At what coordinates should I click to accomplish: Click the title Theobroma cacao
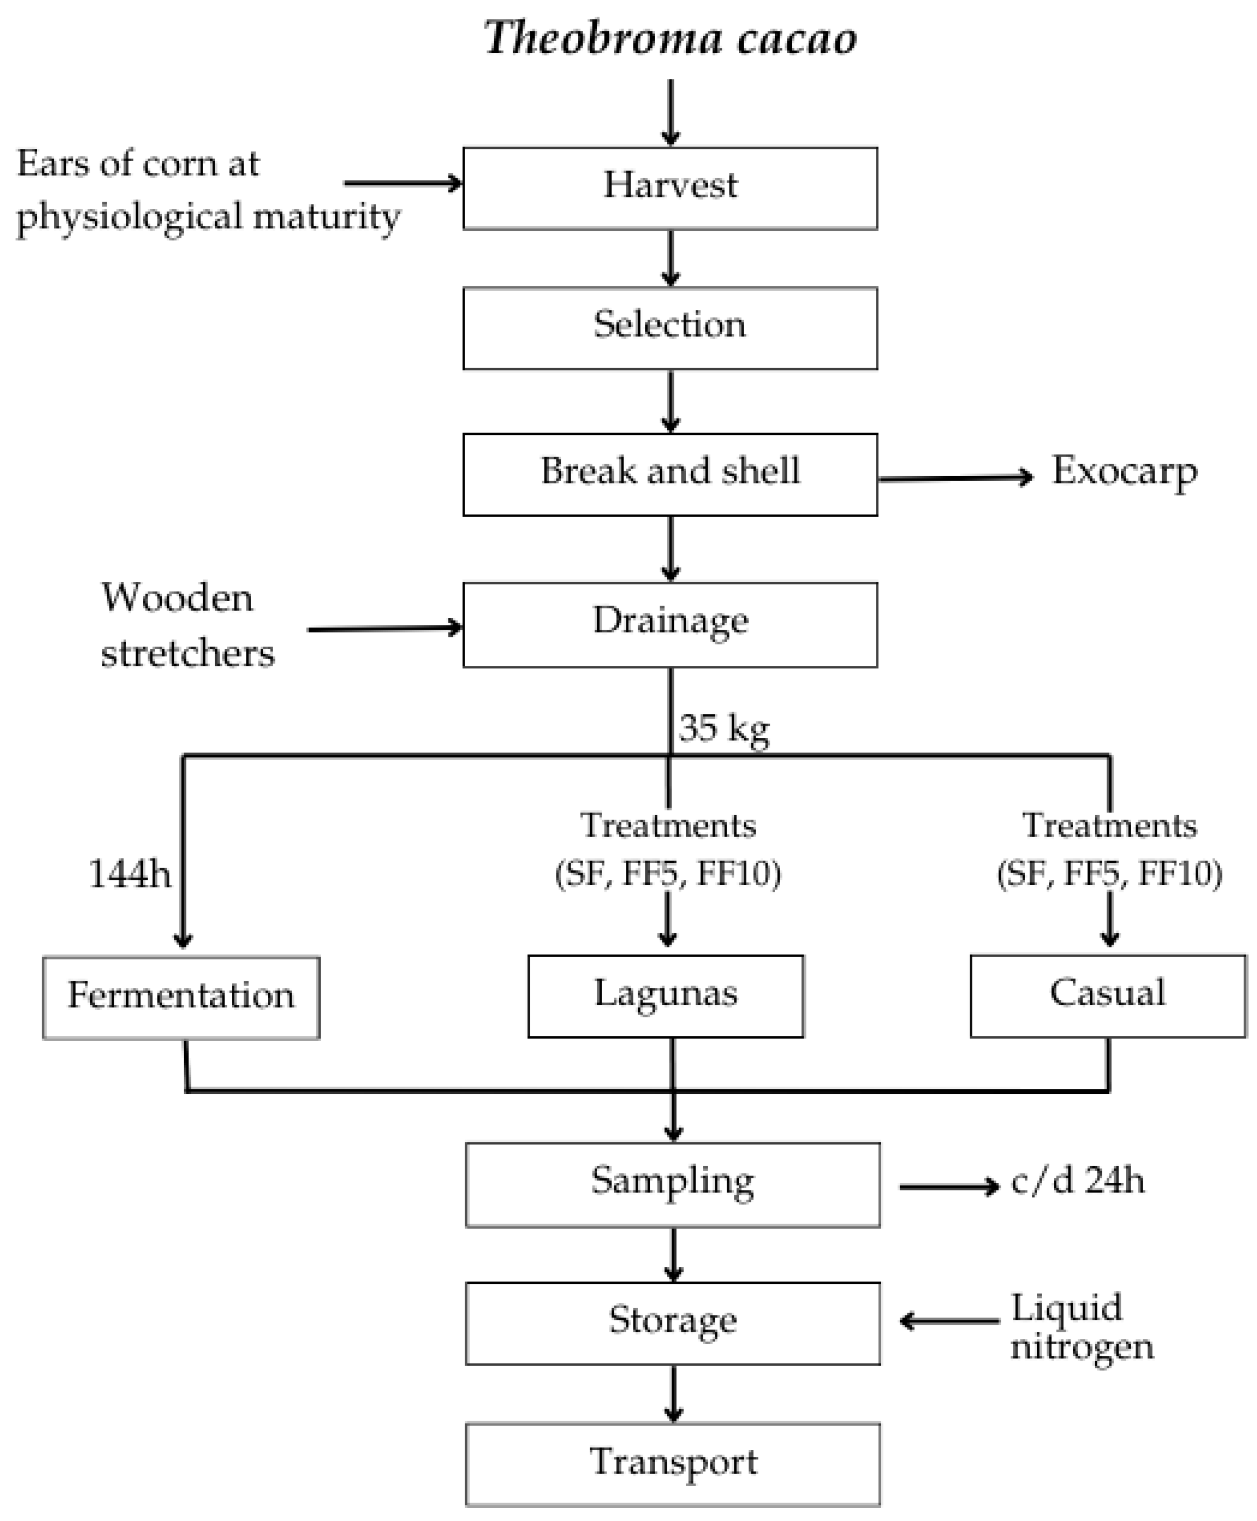coord(670,38)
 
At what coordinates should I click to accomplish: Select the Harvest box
coord(670,188)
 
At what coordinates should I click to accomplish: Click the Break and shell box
coord(670,474)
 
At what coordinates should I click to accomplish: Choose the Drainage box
coord(670,624)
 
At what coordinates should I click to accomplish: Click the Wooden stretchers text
coord(187,624)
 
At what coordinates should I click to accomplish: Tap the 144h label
coord(129,873)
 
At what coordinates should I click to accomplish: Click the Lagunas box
coord(666,995)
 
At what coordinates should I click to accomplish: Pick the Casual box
coord(1108,995)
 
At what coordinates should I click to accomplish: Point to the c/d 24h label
coord(1078,1181)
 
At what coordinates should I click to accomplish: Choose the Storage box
coord(673,1322)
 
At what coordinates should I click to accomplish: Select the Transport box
coord(673,1464)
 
